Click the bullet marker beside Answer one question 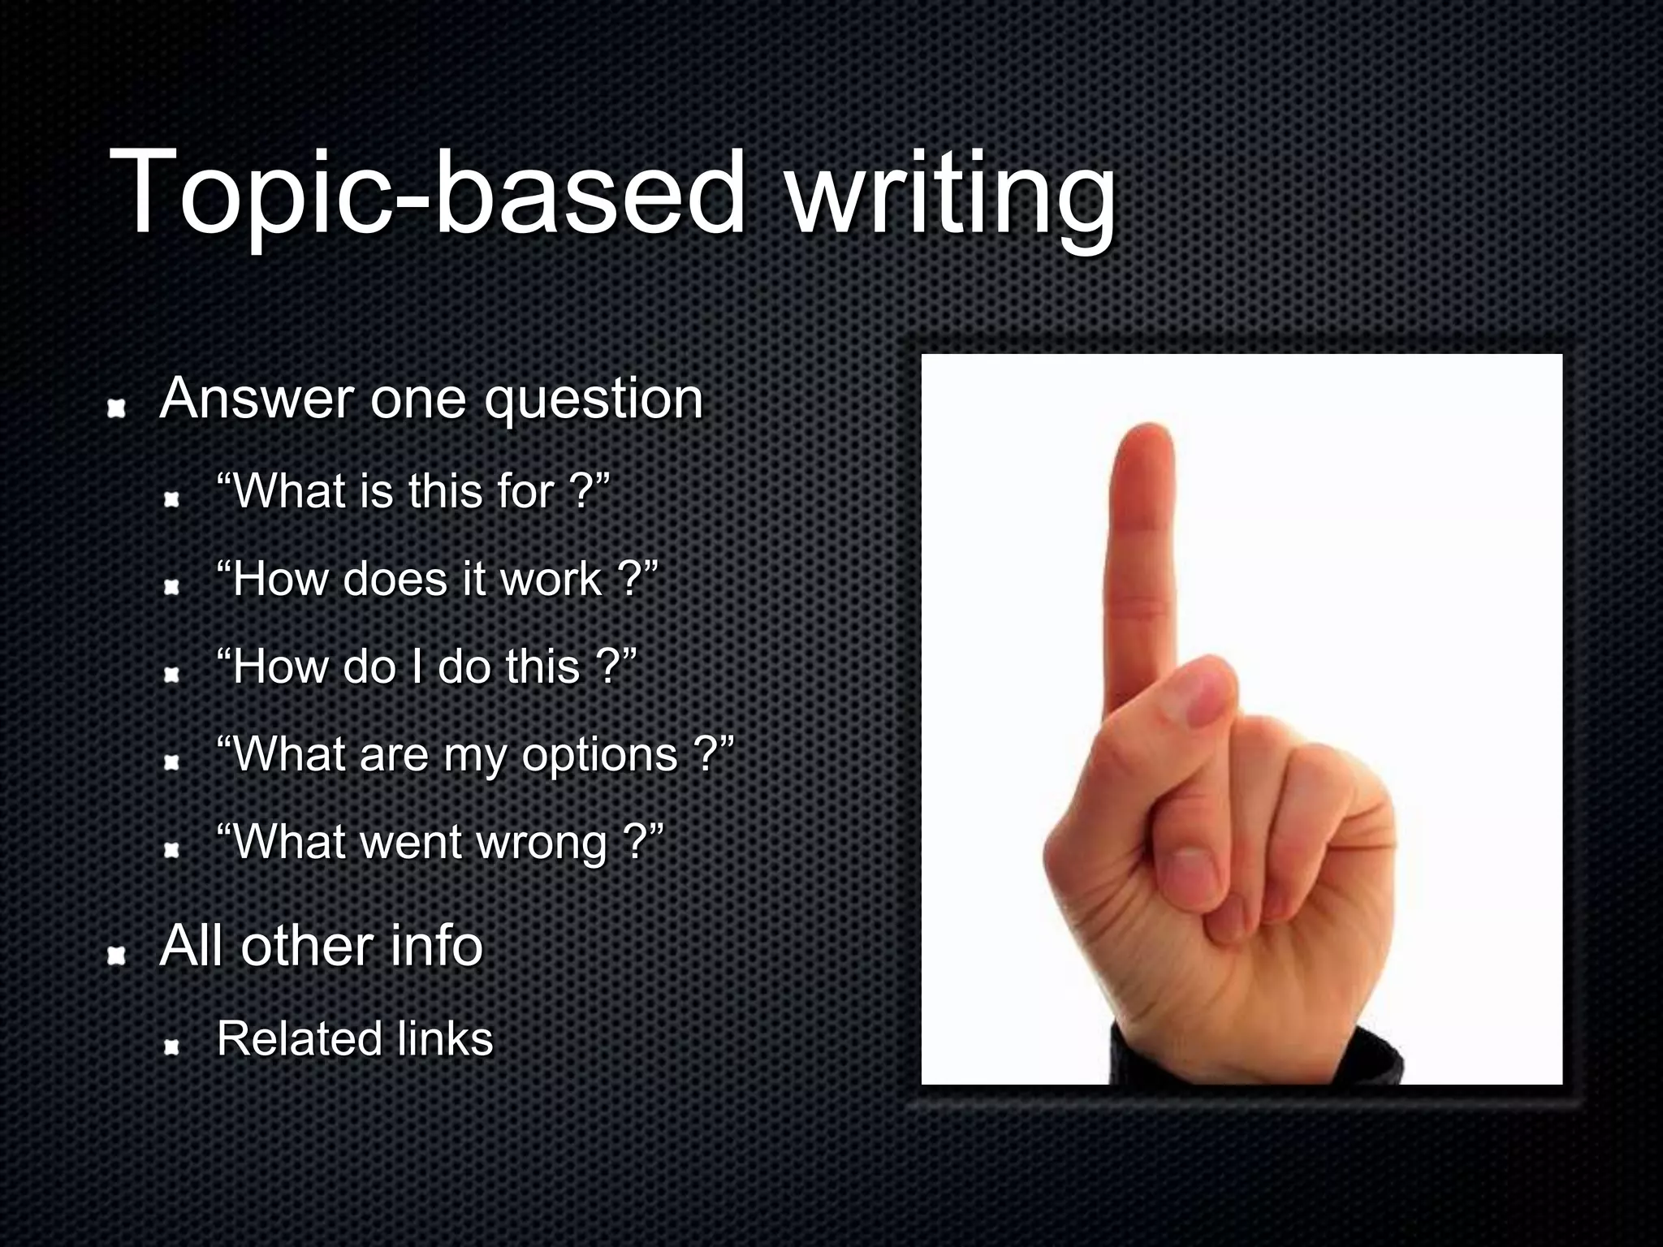point(119,409)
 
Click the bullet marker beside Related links point(171,1048)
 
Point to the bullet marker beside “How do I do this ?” point(171,675)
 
